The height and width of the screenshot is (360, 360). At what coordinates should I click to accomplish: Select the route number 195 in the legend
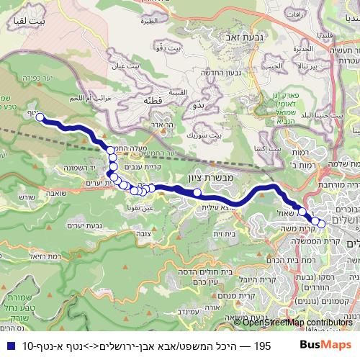[x=262, y=346]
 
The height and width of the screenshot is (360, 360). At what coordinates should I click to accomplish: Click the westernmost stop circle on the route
[x=40, y=117]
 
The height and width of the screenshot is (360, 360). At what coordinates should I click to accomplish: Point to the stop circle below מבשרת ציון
[x=197, y=192]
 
